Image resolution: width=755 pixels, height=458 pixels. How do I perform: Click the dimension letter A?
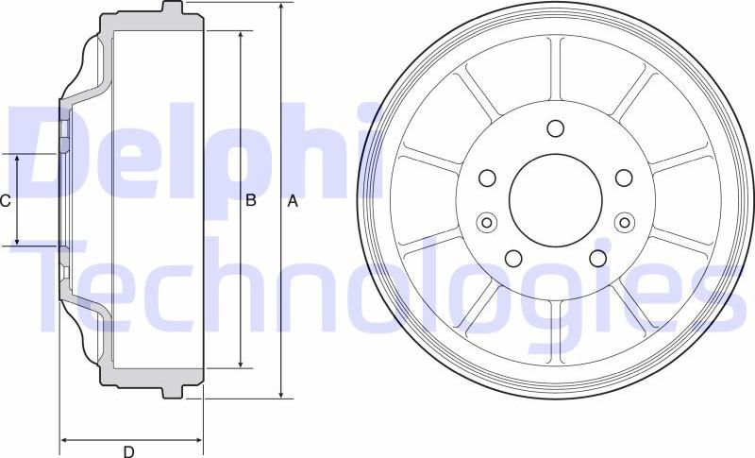coord(292,200)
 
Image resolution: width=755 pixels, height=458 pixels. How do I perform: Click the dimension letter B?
coord(251,200)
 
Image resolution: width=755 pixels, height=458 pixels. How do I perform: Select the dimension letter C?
coord(6,200)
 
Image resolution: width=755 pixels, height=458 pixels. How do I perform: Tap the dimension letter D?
coord(129,451)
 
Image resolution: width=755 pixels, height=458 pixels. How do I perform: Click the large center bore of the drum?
coord(555,198)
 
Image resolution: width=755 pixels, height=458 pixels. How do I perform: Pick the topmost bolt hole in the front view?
coord(555,128)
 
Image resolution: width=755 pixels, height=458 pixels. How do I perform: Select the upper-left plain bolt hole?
coord(488,177)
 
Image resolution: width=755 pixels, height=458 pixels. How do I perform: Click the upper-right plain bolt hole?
coord(623,177)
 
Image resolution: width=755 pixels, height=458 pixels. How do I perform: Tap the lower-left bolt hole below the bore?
coord(513,257)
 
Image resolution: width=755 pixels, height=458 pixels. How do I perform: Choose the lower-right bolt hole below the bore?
coord(597,257)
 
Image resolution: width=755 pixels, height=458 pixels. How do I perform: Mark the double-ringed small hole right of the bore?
coord(623,222)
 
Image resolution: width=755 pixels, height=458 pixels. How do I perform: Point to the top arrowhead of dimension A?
coord(280,8)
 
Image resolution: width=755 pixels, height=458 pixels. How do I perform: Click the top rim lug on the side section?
coord(172,8)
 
